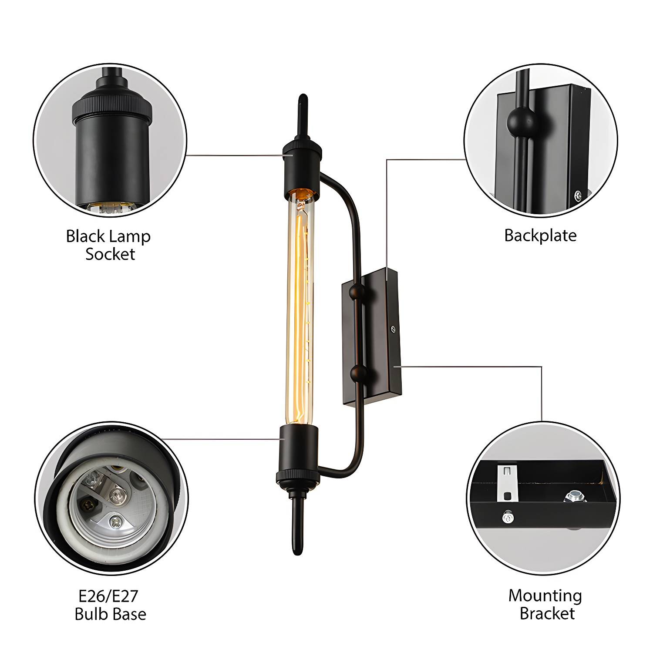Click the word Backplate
pos(540,236)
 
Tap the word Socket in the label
pos(110,254)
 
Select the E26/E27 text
pos(108,596)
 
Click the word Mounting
pos(545,596)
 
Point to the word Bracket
pos(547,613)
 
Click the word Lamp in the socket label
pos(129,236)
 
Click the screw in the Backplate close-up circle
pos(577,195)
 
